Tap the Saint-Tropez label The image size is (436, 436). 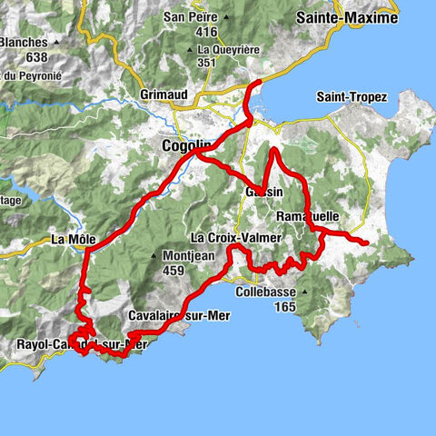(x=351, y=97)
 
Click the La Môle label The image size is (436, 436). (x=74, y=240)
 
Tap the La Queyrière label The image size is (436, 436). (x=229, y=49)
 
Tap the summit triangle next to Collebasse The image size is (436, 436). (x=306, y=292)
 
